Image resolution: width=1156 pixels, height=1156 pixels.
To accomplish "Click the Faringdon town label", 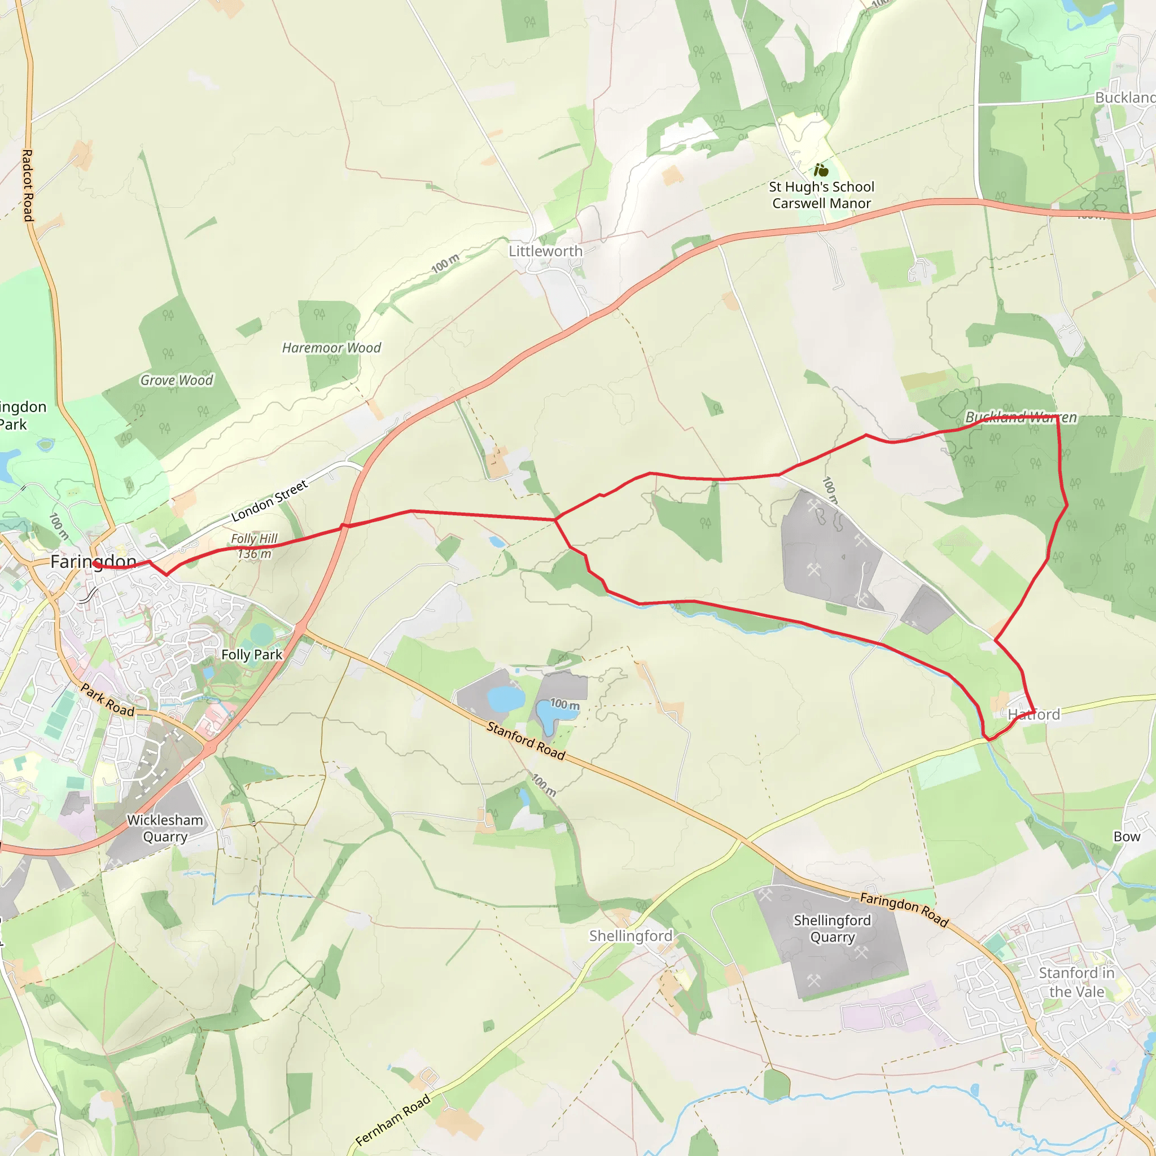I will [x=93, y=562].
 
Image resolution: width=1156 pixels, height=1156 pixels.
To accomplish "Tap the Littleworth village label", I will [x=545, y=251].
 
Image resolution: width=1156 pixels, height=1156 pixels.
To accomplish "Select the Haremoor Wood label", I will [x=331, y=348].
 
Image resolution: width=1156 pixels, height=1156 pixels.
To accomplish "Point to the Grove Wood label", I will [x=177, y=380].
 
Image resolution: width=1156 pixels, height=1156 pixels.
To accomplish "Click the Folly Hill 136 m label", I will [x=255, y=546].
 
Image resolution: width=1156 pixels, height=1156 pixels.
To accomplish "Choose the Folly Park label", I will [x=251, y=655].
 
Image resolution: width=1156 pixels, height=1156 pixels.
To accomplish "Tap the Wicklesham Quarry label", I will [x=165, y=828].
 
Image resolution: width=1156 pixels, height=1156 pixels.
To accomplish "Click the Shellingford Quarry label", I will [x=833, y=929].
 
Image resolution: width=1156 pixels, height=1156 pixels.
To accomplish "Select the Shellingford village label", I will [x=630, y=936].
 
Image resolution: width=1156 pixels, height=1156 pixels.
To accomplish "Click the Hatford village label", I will [x=1034, y=715].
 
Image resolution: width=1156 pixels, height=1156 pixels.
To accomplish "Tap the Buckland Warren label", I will [x=1021, y=417].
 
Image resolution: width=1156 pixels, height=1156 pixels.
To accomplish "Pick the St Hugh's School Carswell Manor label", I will [x=821, y=195].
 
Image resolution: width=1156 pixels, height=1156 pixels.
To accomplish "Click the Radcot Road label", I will [x=28, y=186].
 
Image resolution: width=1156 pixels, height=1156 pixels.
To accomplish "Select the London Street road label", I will [x=269, y=500].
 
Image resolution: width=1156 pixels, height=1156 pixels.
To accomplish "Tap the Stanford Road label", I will [x=526, y=741].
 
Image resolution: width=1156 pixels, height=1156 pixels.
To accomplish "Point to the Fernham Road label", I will [x=392, y=1120].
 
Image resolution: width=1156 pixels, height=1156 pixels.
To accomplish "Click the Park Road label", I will [x=108, y=700].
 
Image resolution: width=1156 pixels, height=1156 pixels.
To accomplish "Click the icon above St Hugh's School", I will [x=821, y=170].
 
